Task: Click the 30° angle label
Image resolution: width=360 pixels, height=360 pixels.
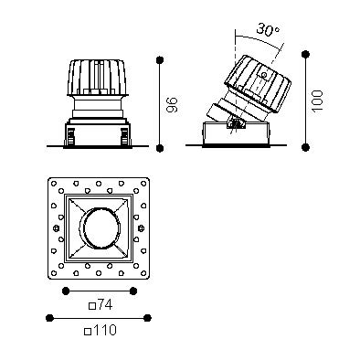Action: click(268, 29)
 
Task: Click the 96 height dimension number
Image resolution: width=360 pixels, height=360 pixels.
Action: click(172, 104)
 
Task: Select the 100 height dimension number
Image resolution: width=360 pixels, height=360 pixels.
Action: click(317, 101)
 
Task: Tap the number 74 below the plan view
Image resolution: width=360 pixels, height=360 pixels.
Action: click(105, 305)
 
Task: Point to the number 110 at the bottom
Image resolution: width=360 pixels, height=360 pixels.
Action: click(104, 330)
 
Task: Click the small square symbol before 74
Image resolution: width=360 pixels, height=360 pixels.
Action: click(92, 306)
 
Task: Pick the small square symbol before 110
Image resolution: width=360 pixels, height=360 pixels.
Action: click(88, 331)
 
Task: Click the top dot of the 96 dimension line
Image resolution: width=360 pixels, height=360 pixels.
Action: click(160, 60)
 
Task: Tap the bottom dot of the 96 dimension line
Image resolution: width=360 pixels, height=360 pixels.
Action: click(160, 148)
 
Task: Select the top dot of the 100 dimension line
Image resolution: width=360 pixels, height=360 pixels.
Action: click(305, 55)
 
